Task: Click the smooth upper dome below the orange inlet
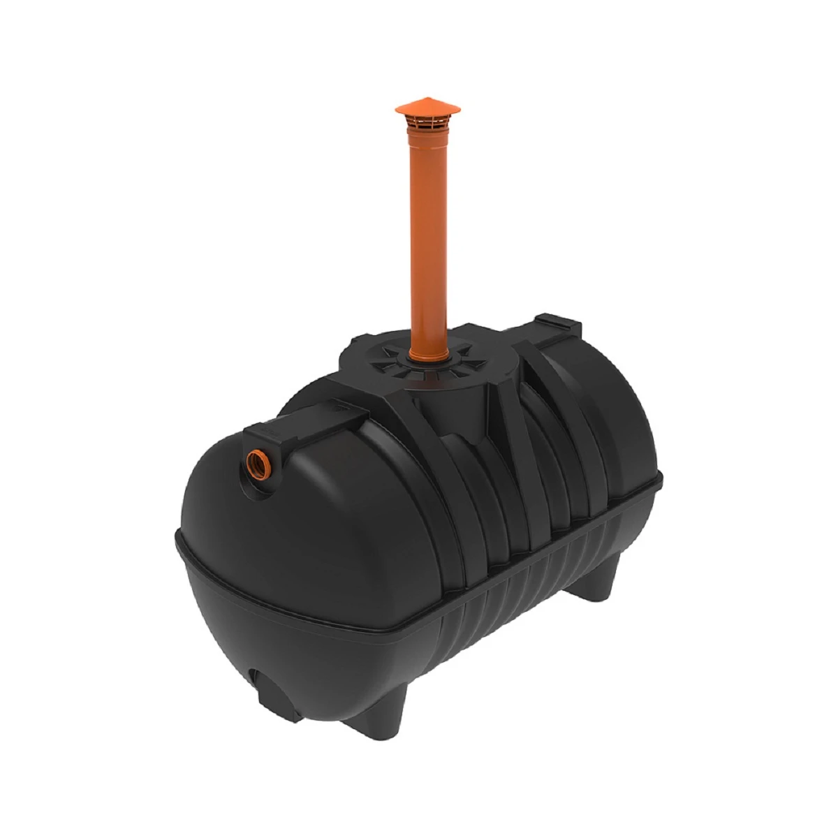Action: tap(279, 531)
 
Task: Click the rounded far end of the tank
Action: tap(628, 433)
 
